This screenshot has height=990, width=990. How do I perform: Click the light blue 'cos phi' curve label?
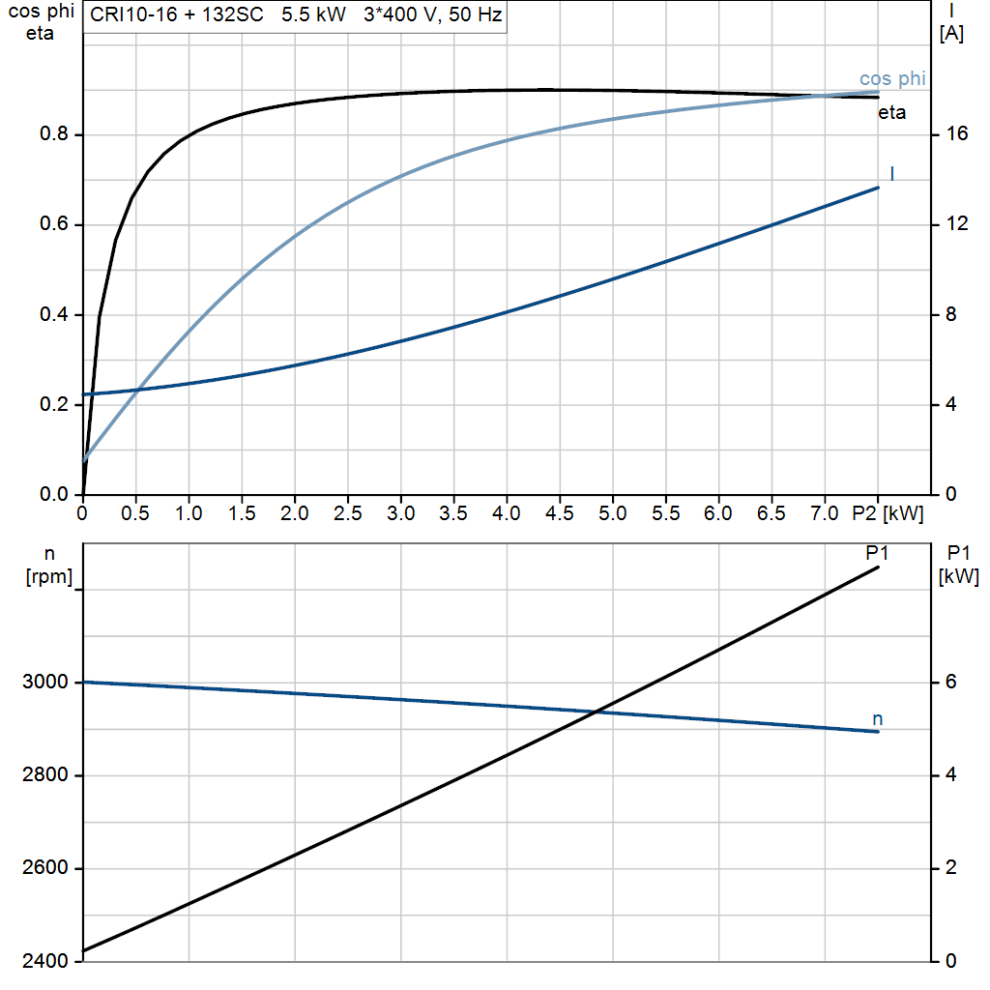point(892,79)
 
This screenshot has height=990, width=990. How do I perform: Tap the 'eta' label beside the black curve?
point(891,113)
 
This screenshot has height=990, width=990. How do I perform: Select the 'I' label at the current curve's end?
point(891,173)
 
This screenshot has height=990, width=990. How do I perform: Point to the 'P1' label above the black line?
point(877,553)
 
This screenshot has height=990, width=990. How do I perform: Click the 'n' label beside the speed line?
point(878,718)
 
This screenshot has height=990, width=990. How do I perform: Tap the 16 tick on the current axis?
point(957,134)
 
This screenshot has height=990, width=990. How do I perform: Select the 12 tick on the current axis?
point(957,224)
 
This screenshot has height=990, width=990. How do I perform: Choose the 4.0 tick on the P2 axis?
point(507,513)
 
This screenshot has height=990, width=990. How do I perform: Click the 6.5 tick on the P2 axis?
point(772,513)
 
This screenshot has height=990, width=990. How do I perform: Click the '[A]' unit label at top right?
point(951,35)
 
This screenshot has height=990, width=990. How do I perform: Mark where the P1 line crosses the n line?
point(596,713)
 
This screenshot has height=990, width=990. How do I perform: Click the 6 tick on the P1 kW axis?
point(950,683)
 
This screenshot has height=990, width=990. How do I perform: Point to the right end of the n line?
point(878,732)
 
